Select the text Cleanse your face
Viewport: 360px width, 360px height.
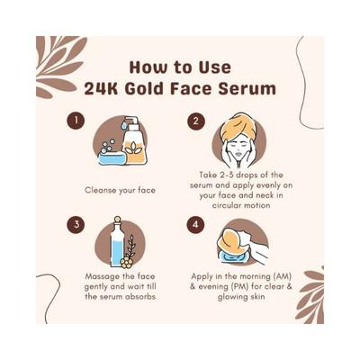tap(121, 191)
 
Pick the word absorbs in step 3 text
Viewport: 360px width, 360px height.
tap(144, 299)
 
